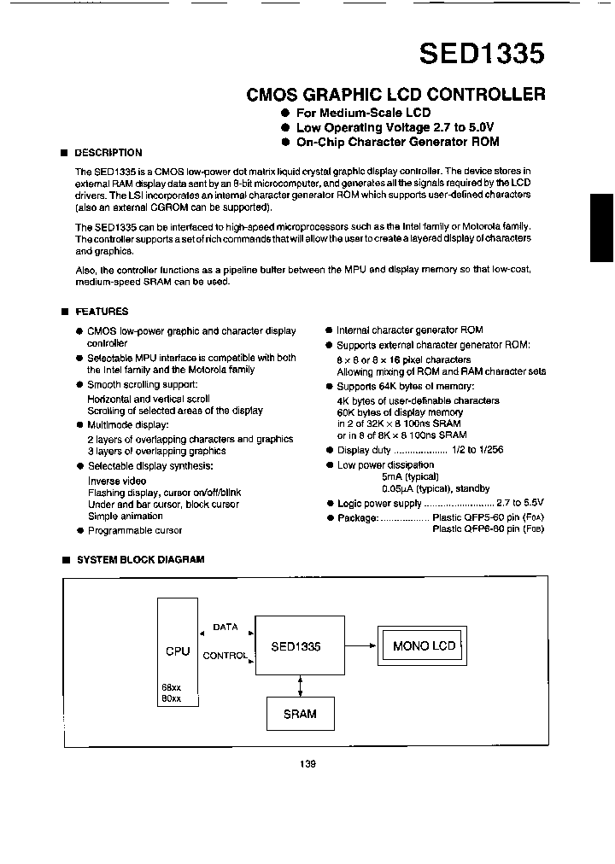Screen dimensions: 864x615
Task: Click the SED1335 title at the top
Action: click(481, 54)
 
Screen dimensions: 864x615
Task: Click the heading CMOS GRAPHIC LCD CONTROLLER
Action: click(395, 95)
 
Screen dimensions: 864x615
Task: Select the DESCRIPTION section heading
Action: click(108, 153)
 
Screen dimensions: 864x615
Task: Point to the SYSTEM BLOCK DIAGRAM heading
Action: click(140, 560)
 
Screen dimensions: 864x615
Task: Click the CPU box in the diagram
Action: click(178, 651)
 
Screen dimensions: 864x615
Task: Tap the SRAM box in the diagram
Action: click(300, 714)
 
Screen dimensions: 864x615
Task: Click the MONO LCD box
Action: click(424, 645)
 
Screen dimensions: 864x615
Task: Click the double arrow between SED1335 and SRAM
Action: click(300, 686)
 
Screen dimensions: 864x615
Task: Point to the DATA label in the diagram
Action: click(225, 628)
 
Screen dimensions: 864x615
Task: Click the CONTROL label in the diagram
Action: click(225, 657)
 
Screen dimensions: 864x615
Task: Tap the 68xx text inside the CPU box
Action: click(171, 687)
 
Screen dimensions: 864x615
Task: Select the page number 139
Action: click(308, 764)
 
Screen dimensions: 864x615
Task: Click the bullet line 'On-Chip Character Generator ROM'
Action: click(397, 142)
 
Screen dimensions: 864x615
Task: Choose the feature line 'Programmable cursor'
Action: click(135, 530)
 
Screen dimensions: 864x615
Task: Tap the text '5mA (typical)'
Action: click(410, 477)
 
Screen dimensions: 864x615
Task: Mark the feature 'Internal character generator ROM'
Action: click(409, 330)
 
